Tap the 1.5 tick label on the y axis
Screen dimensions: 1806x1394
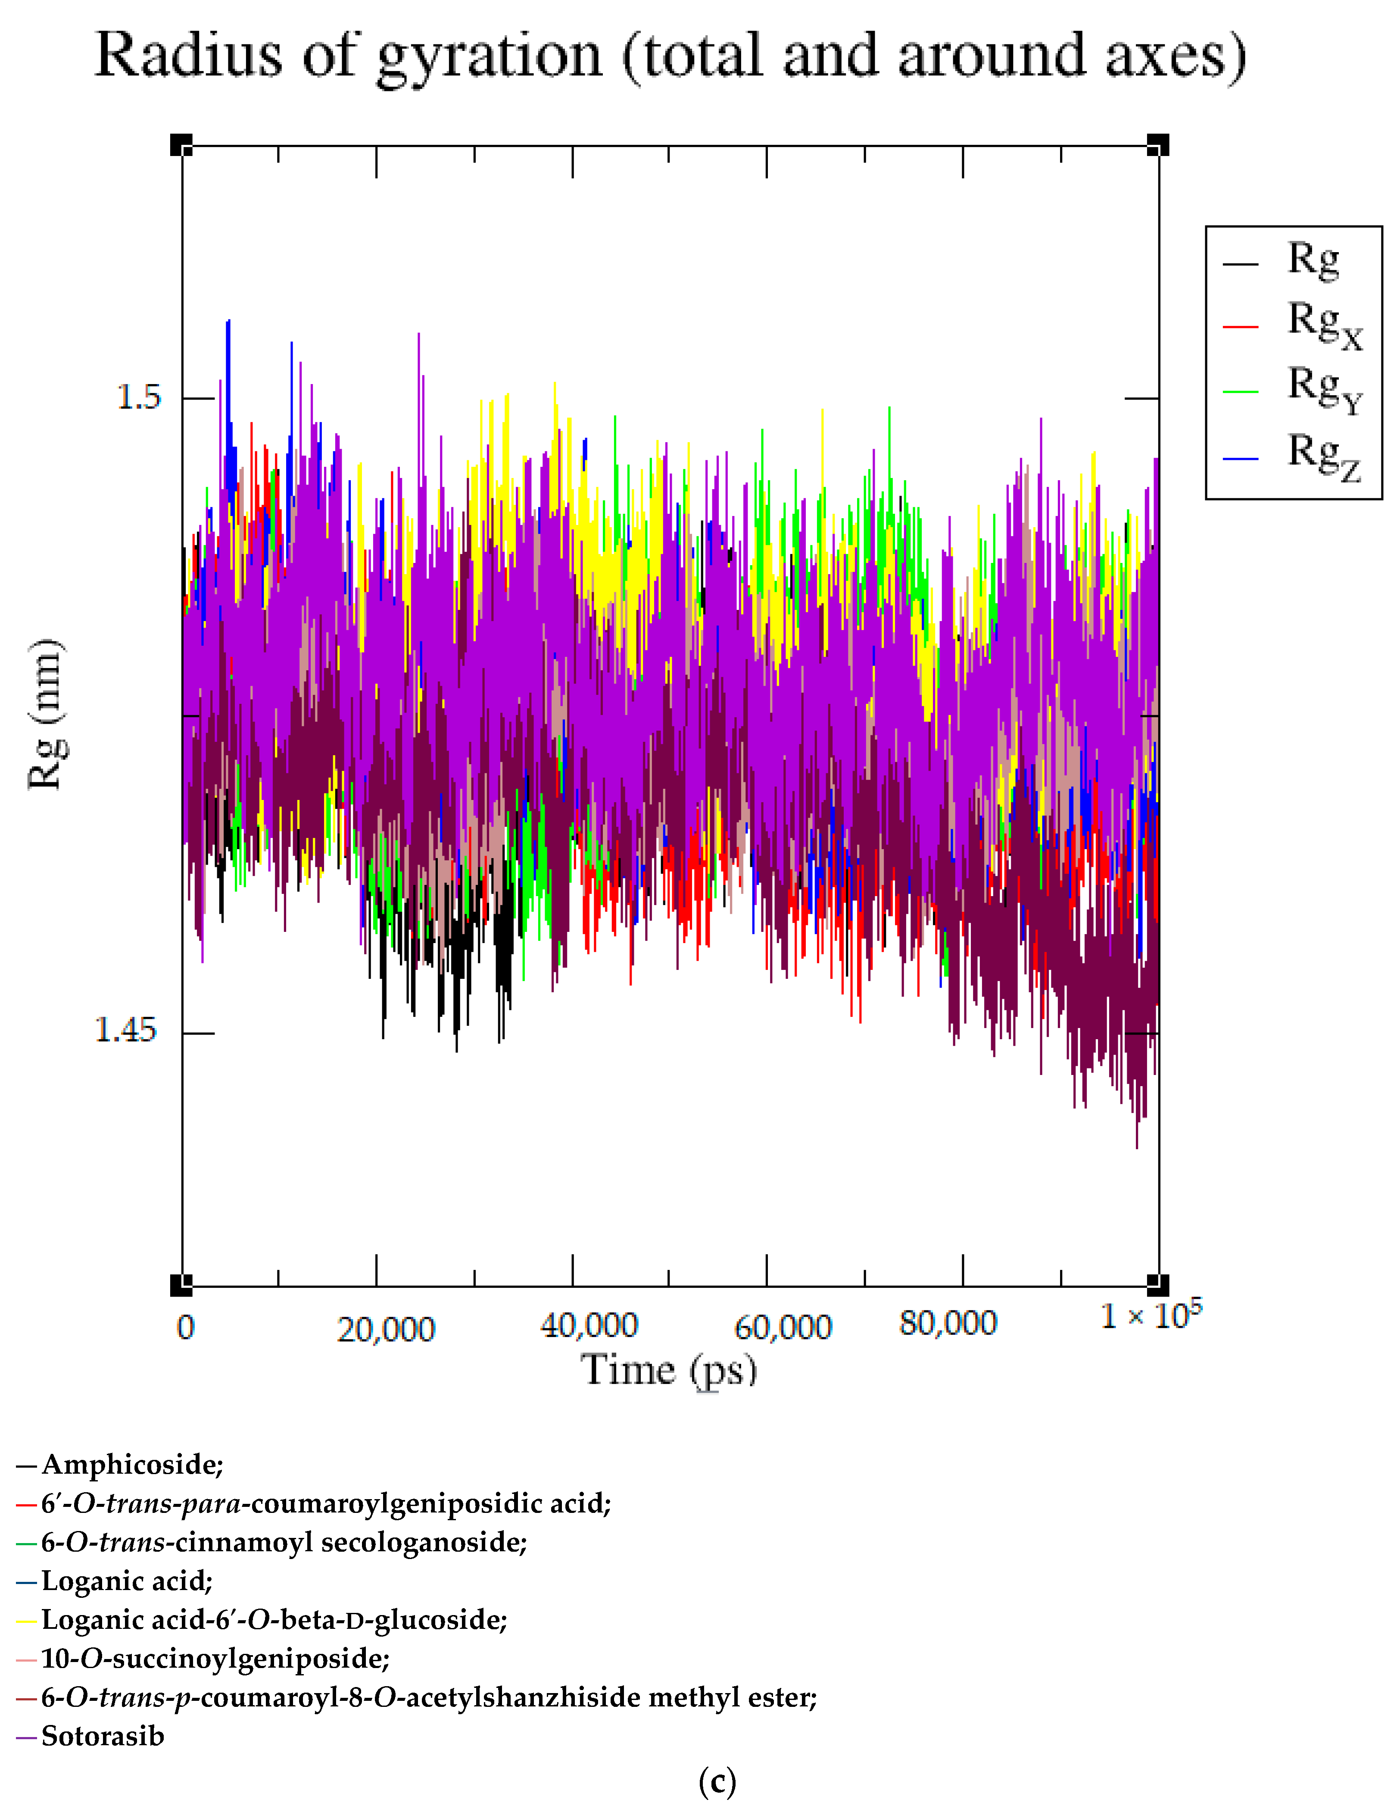coord(138,398)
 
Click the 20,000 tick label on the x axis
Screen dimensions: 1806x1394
coord(385,1329)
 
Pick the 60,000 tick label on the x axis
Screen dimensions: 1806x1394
coord(782,1327)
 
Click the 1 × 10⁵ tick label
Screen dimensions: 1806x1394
coord(1150,1315)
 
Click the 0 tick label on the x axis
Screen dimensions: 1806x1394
coord(185,1327)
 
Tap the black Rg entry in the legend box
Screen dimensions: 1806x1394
coord(1313,259)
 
